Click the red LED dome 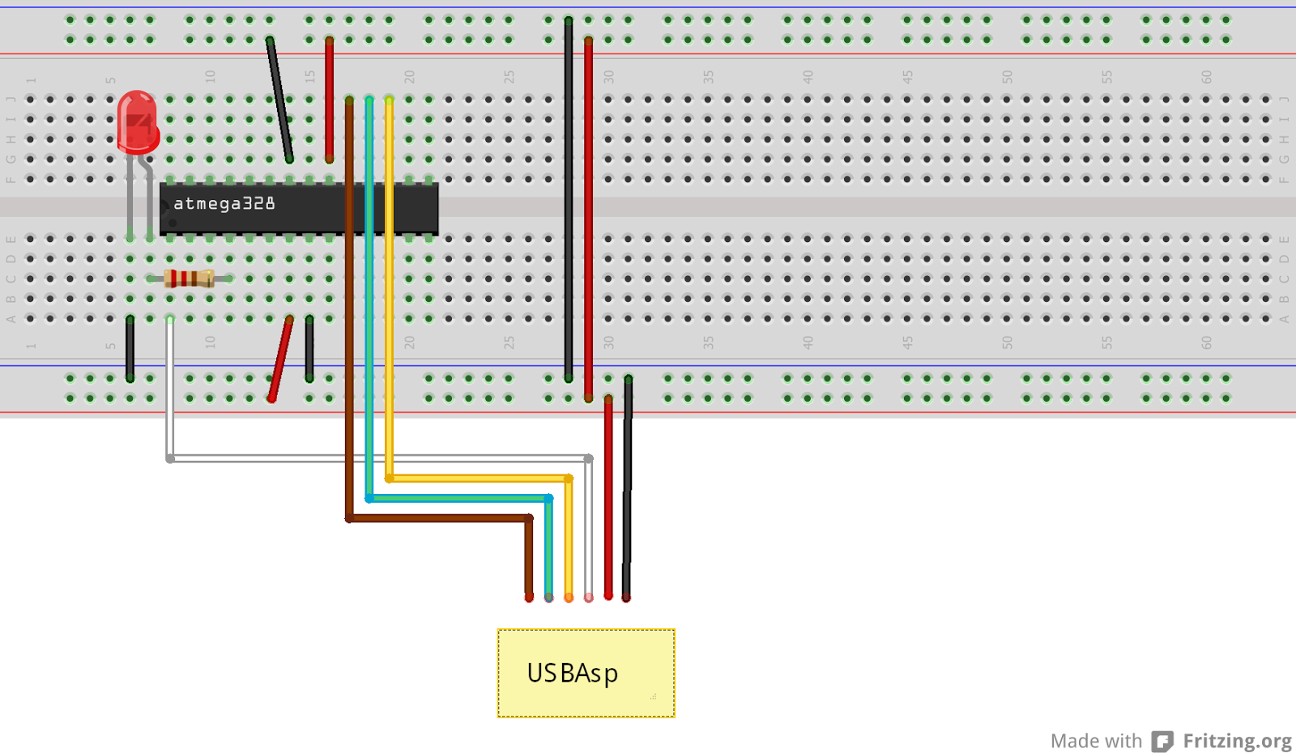(x=137, y=120)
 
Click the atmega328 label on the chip (x=224, y=203)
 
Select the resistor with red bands (x=189, y=279)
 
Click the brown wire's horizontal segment (x=438, y=518)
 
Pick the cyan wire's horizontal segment (x=458, y=498)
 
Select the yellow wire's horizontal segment (x=479, y=478)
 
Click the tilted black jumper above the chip (x=279, y=99)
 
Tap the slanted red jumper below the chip (x=280, y=359)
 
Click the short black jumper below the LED (x=130, y=349)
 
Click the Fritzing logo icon (x=1162, y=741)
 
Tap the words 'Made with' (x=1095, y=741)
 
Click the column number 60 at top (x=1206, y=77)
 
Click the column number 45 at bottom (x=907, y=342)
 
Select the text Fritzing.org (x=1237, y=741)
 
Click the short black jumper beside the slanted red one (x=309, y=349)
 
